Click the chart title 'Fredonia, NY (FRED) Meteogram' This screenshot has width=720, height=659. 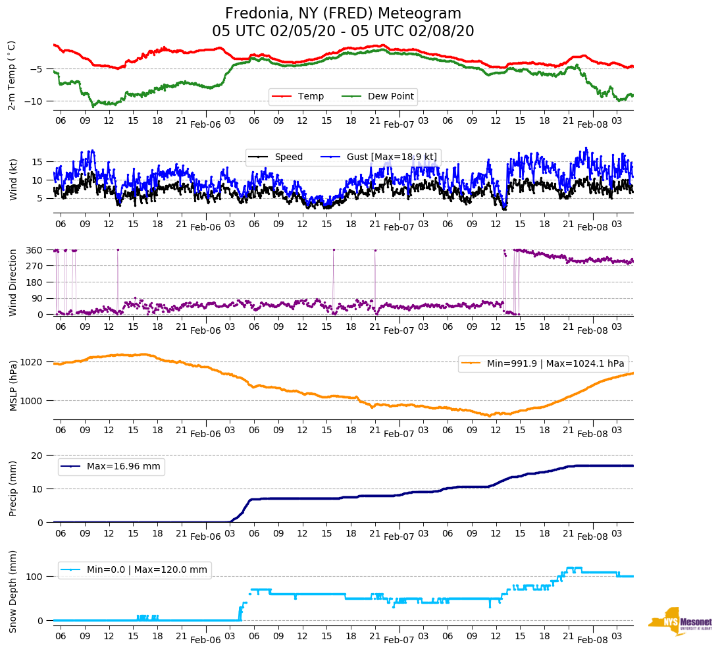point(343,14)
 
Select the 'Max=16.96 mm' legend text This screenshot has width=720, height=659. point(123,467)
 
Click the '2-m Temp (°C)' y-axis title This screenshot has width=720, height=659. point(11,74)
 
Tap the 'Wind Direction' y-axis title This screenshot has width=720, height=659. point(13,282)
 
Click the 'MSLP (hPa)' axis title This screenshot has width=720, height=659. point(13,385)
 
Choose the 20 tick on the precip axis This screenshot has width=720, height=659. point(38,456)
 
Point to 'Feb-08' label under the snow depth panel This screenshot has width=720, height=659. point(592,640)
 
